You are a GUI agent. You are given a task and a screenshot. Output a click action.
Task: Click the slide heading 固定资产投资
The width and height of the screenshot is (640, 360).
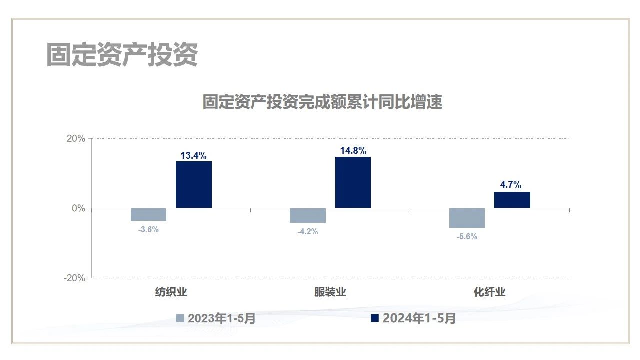pyautogui.click(x=122, y=54)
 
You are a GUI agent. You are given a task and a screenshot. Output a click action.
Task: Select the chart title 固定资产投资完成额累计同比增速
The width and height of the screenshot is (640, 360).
pyautogui.click(x=322, y=102)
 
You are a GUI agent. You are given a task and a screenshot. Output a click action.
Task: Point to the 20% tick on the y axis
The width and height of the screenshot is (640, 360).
pyautogui.click(x=76, y=139)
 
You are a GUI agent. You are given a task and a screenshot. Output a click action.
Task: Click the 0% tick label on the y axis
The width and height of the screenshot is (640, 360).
pyautogui.click(x=78, y=208)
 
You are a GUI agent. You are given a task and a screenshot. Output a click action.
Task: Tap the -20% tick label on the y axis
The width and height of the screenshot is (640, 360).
pyautogui.click(x=74, y=278)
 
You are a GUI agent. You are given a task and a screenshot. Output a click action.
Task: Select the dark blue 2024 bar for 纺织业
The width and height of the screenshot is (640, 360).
pyautogui.click(x=194, y=184)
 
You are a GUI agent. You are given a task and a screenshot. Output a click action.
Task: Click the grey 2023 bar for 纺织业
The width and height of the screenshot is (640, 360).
pyautogui.click(x=149, y=214)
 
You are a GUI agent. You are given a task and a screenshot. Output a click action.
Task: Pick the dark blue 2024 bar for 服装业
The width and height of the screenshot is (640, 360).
pyautogui.click(x=353, y=182)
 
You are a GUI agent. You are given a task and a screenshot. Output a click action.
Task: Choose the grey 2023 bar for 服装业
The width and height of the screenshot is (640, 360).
pyautogui.click(x=308, y=215)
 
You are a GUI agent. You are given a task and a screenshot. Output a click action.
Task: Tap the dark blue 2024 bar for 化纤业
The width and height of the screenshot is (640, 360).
pyautogui.click(x=512, y=200)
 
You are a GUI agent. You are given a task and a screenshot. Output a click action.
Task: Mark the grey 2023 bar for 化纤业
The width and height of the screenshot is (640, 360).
pyautogui.click(x=467, y=218)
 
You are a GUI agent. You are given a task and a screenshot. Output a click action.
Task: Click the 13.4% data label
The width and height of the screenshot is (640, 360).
pyautogui.click(x=193, y=156)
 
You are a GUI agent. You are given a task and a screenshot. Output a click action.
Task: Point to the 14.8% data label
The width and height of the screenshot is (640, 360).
pyautogui.click(x=353, y=151)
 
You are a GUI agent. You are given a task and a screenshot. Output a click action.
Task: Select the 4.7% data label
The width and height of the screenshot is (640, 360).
pyautogui.click(x=511, y=185)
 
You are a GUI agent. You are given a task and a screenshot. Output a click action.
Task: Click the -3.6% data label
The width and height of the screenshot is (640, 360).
pyautogui.click(x=148, y=229)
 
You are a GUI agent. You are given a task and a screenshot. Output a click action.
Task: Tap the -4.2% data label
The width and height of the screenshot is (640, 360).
pyautogui.click(x=307, y=231)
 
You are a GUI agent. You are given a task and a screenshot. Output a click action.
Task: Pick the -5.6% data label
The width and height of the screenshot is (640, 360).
pyautogui.click(x=467, y=236)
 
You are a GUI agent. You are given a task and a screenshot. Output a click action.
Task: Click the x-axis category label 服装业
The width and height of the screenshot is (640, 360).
pyautogui.click(x=330, y=292)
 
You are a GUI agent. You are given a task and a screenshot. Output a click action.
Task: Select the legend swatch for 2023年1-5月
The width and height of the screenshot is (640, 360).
pyautogui.click(x=180, y=318)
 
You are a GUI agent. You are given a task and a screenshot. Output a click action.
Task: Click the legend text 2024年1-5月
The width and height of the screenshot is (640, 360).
pyautogui.click(x=419, y=318)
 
